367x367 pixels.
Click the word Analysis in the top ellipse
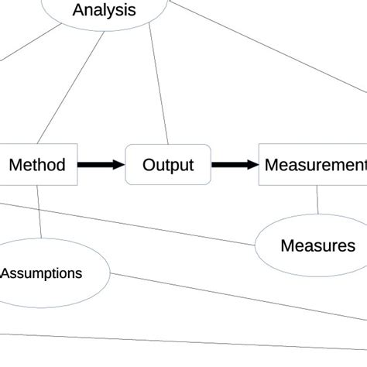tap(104, 10)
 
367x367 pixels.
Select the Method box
tap(37, 164)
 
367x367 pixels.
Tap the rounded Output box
tap(168, 164)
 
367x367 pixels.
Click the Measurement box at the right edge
tap(313, 164)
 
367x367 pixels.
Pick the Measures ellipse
tap(317, 245)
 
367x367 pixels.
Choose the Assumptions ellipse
tap(43, 273)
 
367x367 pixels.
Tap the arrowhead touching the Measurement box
tap(252, 164)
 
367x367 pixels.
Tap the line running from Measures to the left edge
tap(132, 224)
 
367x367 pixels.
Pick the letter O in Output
tap(149, 164)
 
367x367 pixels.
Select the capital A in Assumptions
tap(5, 273)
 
